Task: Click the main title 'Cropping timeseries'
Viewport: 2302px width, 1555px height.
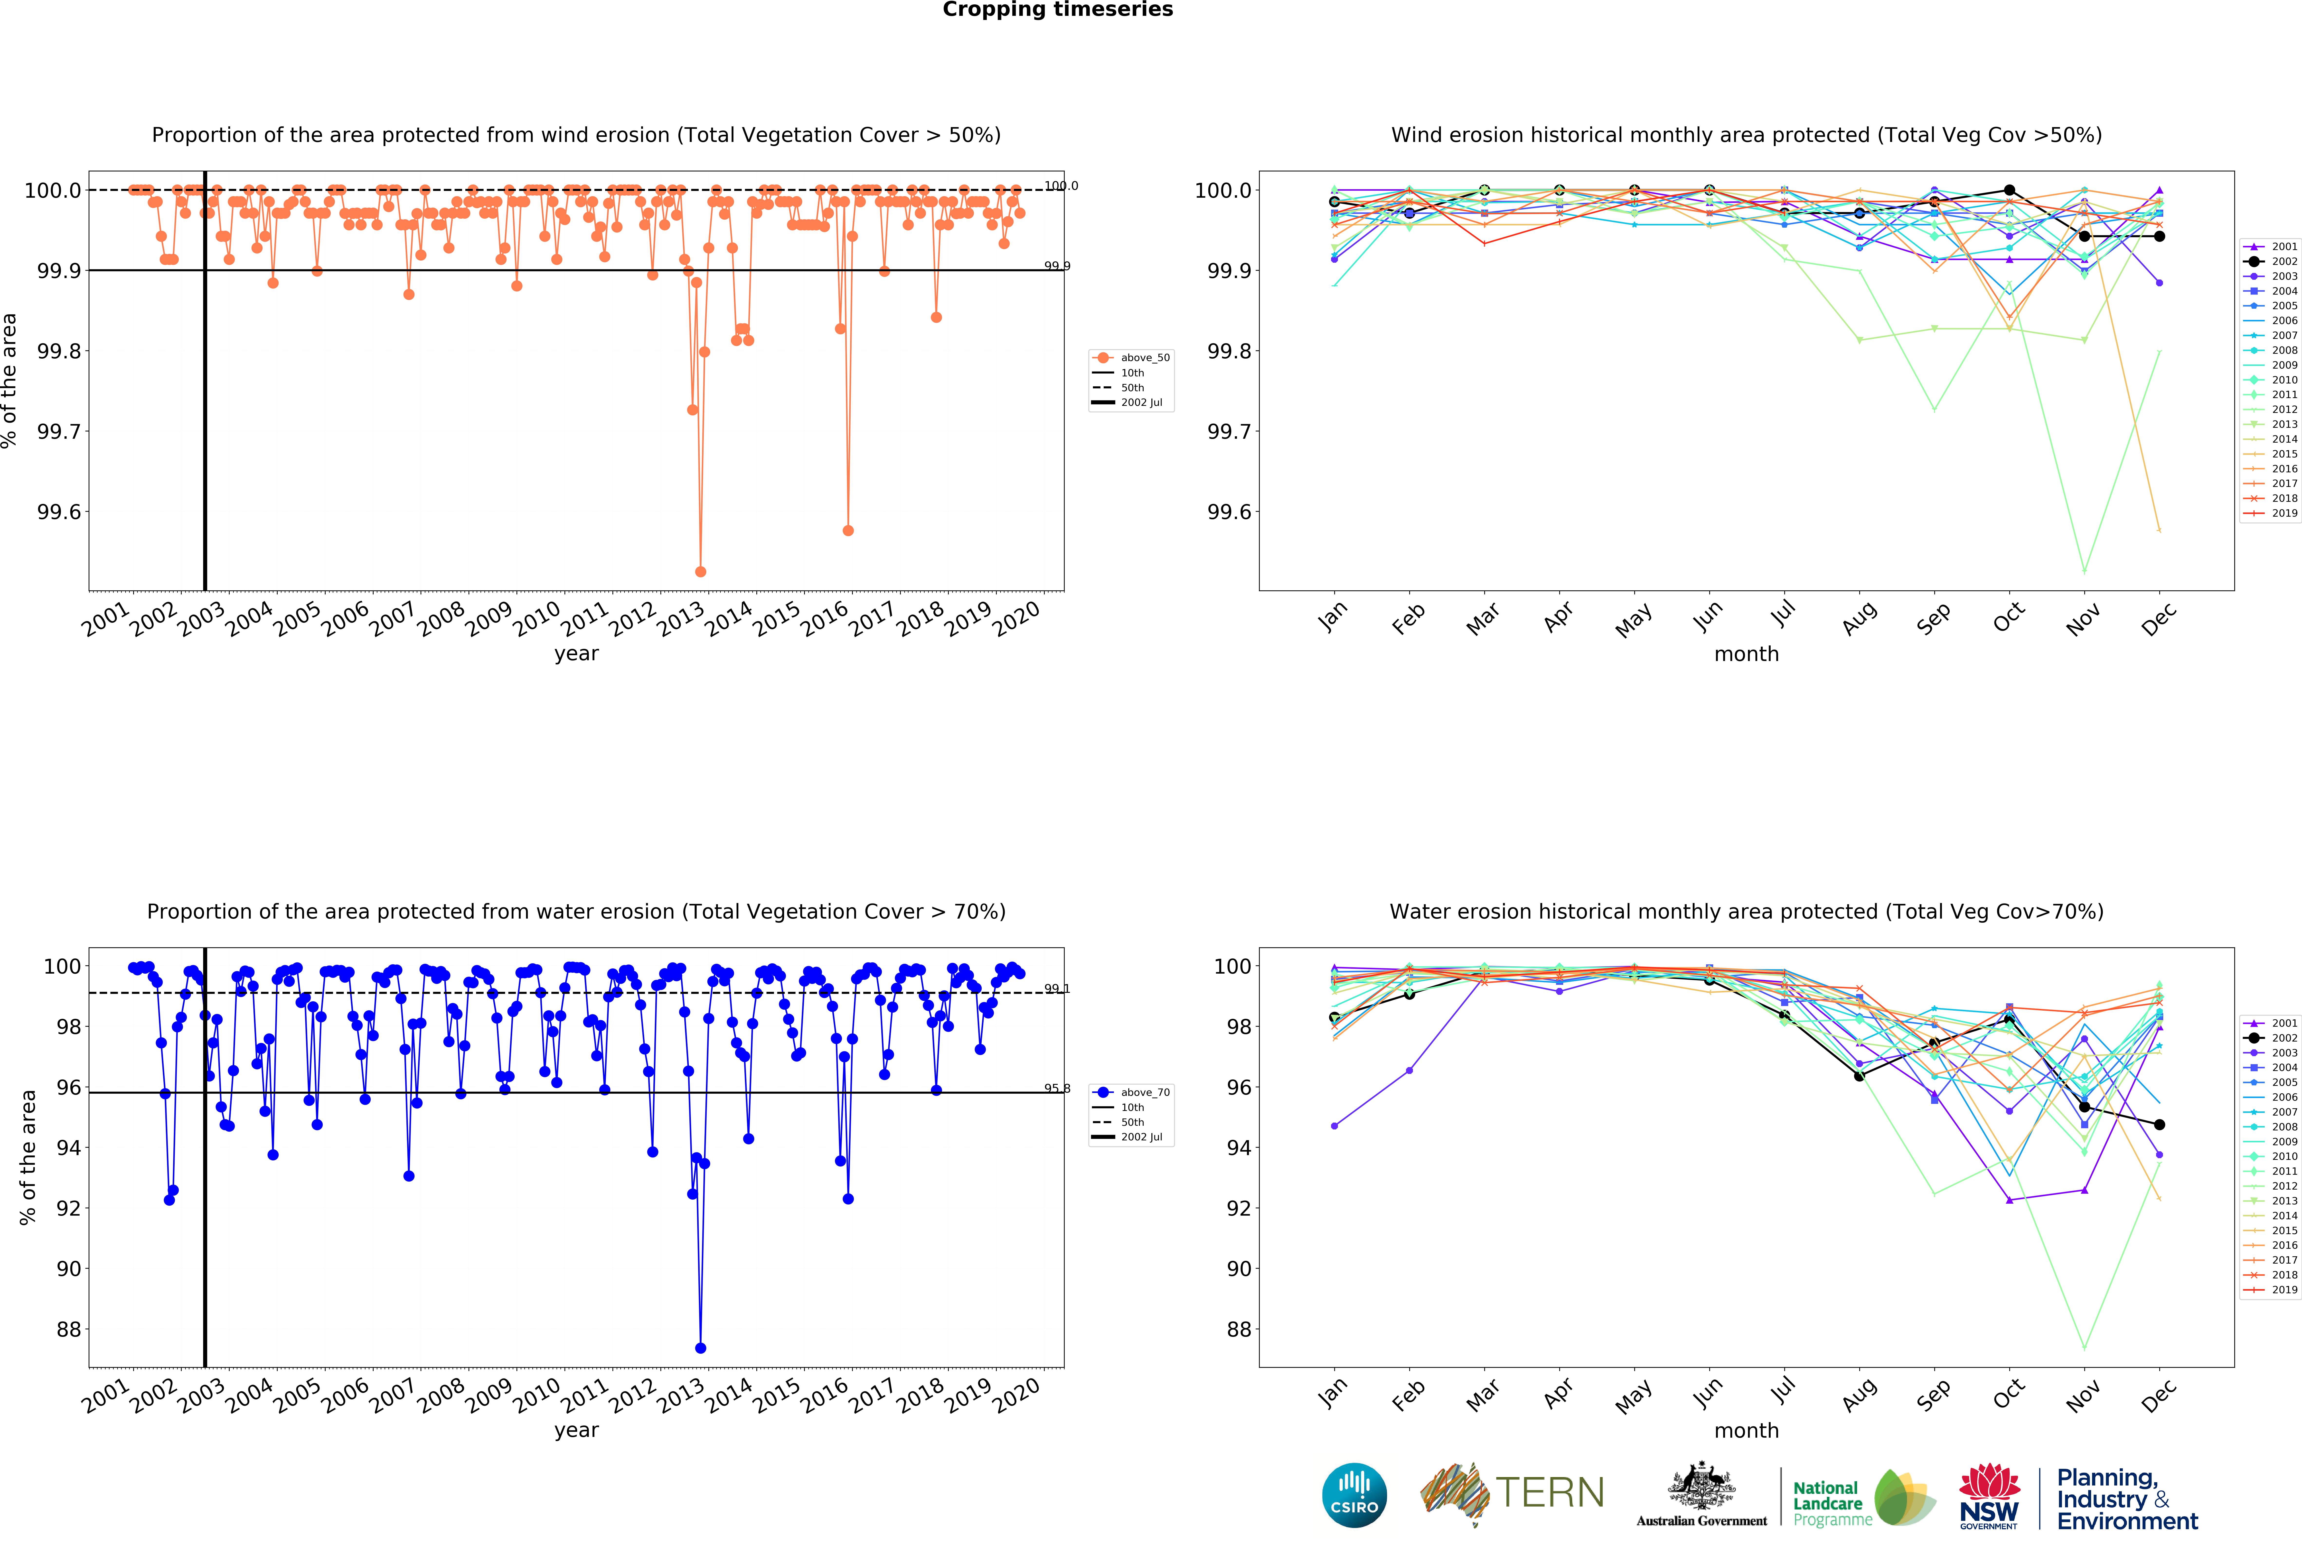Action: tap(1057, 10)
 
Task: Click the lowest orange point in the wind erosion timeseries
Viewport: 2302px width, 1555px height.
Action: tap(700, 571)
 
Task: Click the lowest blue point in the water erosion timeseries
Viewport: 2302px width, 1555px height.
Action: tap(700, 1348)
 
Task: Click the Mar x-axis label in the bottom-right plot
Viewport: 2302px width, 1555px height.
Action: tap(1483, 1395)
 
